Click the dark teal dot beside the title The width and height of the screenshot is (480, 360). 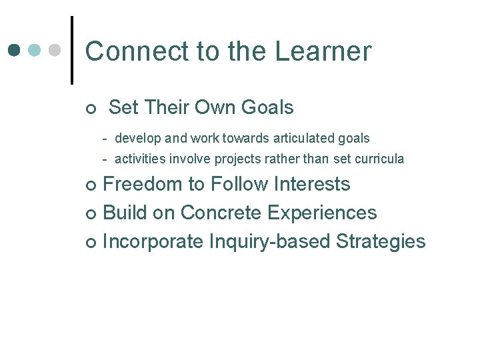click(x=15, y=50)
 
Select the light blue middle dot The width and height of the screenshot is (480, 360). click(x=35, y=50)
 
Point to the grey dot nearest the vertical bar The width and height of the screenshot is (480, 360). click(x=55, y=50)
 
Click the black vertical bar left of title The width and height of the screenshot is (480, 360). click(x=71, y=50)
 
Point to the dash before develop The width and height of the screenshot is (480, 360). click(x=105, y=139)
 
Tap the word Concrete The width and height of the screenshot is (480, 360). click(x=221, y=213)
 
